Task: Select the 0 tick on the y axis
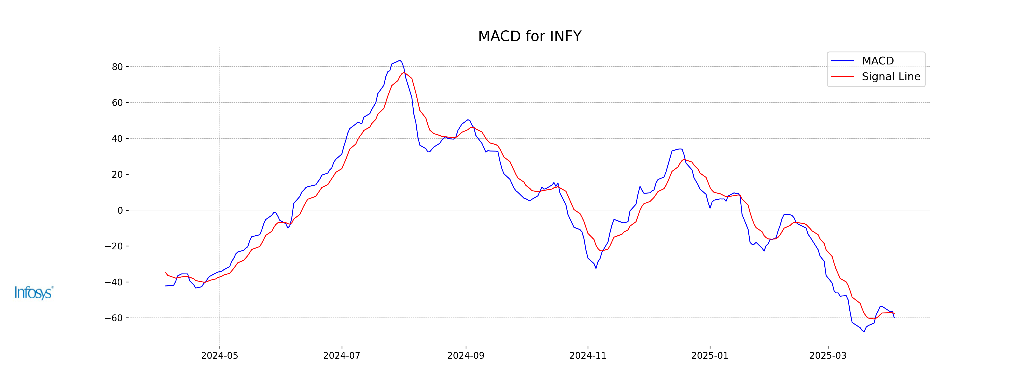(x=120, y=210)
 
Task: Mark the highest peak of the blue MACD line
(x=400, y=60)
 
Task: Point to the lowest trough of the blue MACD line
(x=864, y=331)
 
